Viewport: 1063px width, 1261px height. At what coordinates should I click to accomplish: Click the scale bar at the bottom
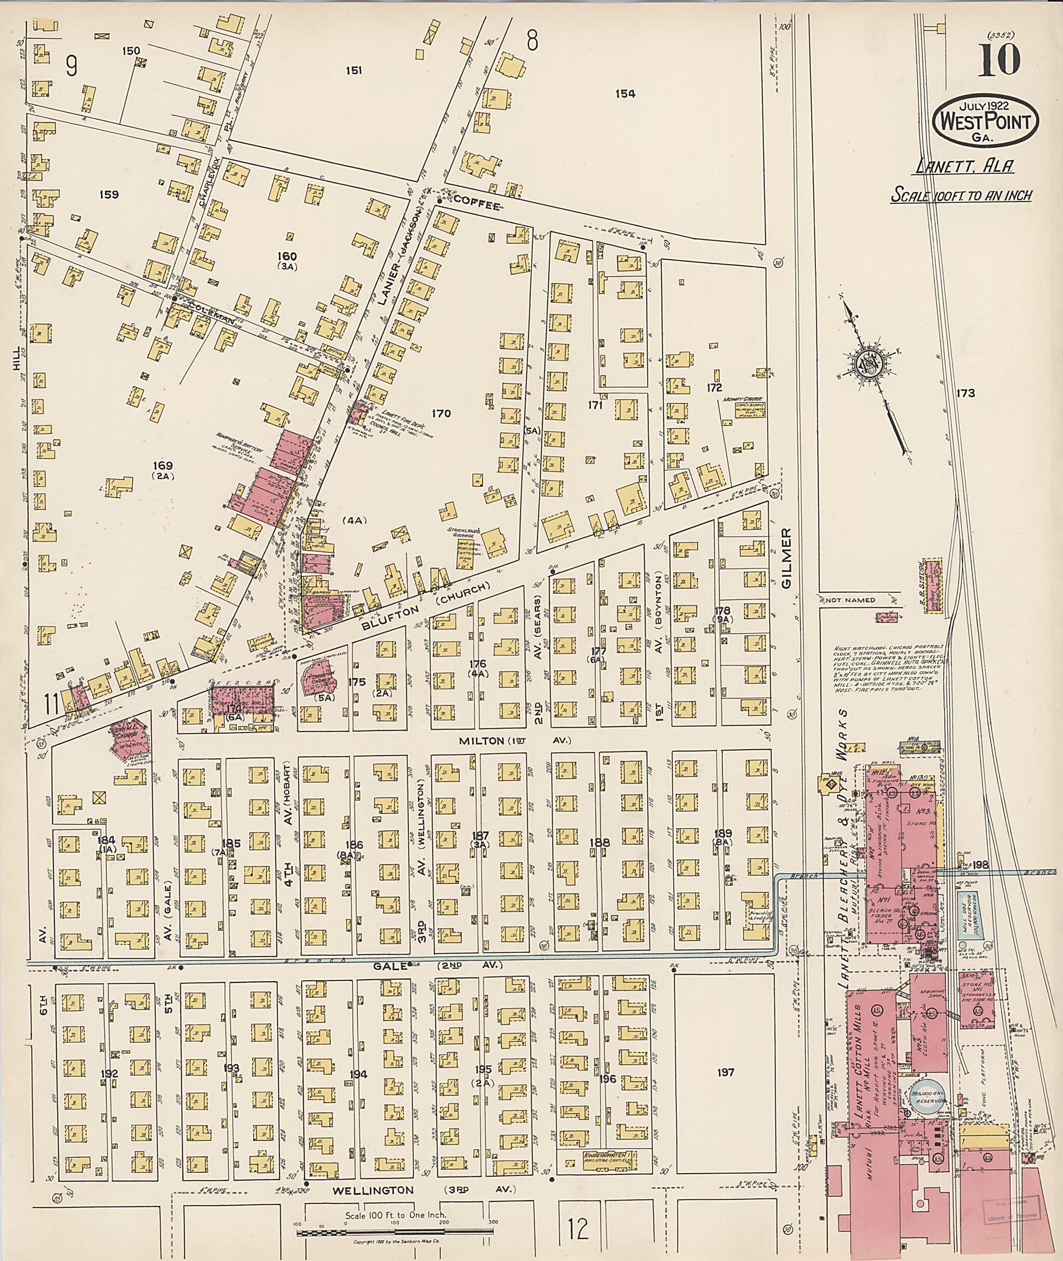click(x=394, y=1228)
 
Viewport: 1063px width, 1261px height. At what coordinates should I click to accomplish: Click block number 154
click(x=625, y=93)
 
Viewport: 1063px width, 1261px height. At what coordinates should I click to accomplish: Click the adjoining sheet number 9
click(x=71, y=66)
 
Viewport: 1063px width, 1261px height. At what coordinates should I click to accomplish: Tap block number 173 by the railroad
click(x=964, y=393)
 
